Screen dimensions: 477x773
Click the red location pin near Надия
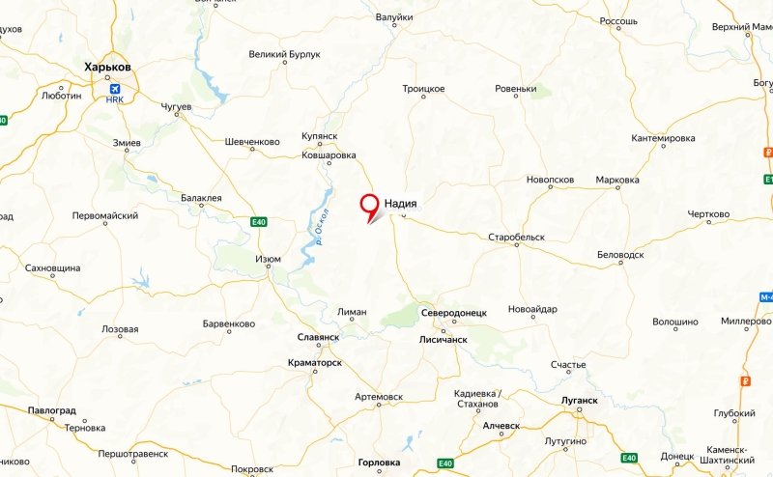pos(369,205)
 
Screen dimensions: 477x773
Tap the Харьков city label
pos(107,67)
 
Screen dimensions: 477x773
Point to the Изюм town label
pos(268,259)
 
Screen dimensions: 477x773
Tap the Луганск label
pos(579,399)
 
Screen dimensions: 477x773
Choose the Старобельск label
pos(517,237)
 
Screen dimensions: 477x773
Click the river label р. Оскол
pos(322,227)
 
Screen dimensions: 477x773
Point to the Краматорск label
pos(315,362)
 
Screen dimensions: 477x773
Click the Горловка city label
pos(379,463)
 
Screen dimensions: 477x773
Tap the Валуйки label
pos(393,17)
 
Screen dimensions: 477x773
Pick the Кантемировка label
pos(663,138)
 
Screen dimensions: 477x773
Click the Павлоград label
pos(51,410)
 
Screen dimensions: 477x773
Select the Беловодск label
pos(620,254)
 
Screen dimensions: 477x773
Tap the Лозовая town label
pos(120,329)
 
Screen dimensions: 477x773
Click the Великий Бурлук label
pos(284,55)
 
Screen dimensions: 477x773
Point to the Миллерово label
pos(746,321)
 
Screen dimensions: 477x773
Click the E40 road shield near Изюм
pos(258,222)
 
